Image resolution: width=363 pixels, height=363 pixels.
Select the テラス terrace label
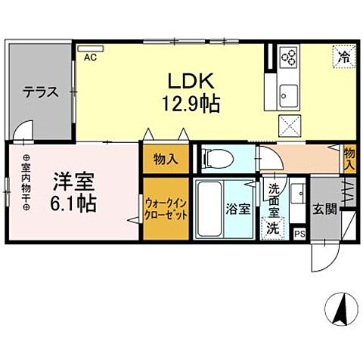(x=41, y=93)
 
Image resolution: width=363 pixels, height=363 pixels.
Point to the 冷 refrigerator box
(x=343, y=55)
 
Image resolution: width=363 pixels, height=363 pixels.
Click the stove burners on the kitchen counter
(x=288, y=58)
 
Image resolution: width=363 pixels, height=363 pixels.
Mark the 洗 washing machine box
(x=270, y=226)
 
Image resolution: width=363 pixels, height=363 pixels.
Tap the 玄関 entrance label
(x=326, y=209)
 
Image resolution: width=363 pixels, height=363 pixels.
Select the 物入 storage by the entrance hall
(x=349, y=159)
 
